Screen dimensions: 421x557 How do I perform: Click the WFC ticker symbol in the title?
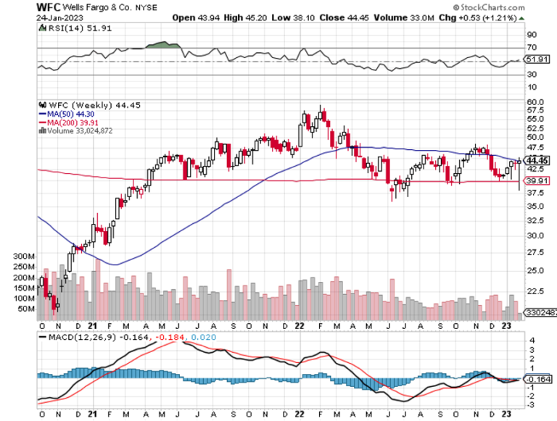(49, 6)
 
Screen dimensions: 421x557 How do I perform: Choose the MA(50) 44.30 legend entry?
(70, 114)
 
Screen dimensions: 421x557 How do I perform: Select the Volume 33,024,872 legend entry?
(81, 132)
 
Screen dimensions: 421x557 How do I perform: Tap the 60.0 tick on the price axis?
(536, 101)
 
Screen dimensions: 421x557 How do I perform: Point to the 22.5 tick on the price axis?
(536, 291)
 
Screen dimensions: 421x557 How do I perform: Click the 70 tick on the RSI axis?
(531, 48)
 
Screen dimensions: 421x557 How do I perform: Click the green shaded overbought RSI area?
(164, 45)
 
